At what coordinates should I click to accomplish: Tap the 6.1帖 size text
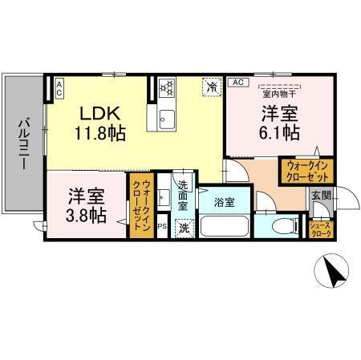pos(281,131)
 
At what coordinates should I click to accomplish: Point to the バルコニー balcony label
pos(24,145)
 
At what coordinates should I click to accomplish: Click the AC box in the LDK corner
pos(60,87)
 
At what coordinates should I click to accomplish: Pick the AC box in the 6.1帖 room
pos(237,83)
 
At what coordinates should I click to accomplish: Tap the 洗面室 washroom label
pos(183,196)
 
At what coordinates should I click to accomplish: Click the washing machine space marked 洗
pos(184,227)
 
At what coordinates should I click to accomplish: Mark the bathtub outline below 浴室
pos(225,227)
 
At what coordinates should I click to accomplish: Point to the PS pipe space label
pos(162,228)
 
